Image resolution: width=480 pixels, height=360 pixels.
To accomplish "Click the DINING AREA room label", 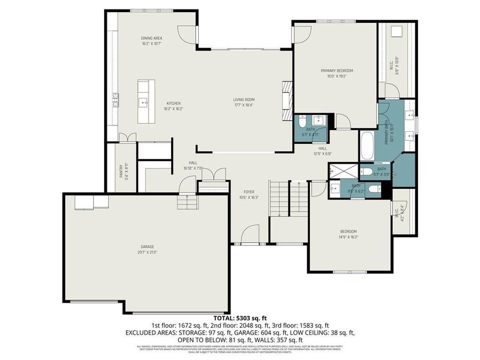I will (151, 38).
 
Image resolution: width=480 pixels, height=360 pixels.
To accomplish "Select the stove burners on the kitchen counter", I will (115, 100).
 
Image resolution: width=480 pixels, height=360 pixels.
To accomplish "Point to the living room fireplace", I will (287, 102).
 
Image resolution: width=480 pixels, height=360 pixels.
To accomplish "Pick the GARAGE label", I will (147, 246).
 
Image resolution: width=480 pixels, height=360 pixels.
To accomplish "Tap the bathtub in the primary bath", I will (367, 146).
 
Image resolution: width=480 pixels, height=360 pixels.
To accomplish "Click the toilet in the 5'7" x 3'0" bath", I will (367, 172).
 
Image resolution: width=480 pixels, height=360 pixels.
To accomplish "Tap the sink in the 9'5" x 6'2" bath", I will (335, 188).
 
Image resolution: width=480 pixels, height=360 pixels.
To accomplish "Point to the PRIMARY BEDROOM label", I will (337, 70).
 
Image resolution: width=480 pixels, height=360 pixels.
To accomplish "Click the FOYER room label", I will (249, 192).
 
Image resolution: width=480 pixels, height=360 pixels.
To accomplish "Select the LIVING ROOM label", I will (244, 99).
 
